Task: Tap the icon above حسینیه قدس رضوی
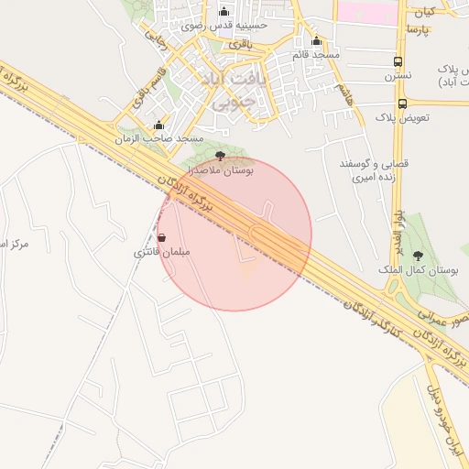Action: pos(224,11)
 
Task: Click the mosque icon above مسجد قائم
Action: pos(317,40)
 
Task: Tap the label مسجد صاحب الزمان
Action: pos(158,138)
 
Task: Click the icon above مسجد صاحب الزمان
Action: pos(159,125)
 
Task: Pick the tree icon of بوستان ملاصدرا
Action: pos(220,156)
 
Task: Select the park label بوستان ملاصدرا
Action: pos(221,169)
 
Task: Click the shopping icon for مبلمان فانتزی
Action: pos(162,237)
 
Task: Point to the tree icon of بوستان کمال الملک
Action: pos(419,256)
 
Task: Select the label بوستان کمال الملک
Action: pos(418,271)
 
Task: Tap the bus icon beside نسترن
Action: pos(398,62)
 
